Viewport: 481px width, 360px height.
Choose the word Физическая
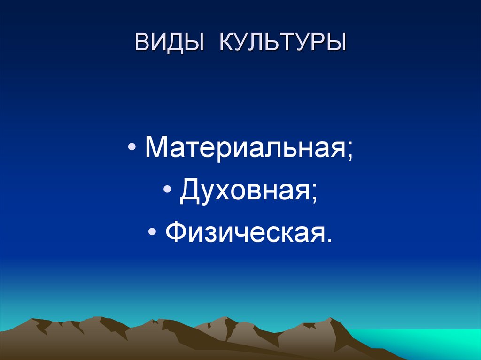(x=243, y=233)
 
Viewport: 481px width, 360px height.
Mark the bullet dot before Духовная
(x=167, y=191)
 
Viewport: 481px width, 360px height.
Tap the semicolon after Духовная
(x=313, y=194)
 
